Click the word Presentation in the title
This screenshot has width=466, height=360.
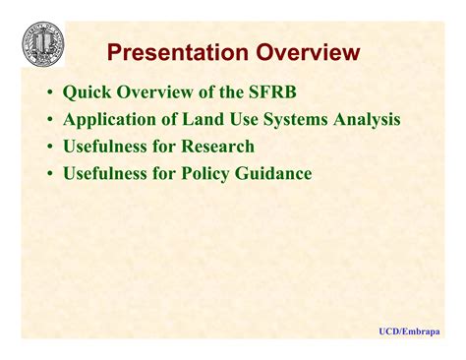click(170, 52)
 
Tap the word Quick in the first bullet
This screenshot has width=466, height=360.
click(86, 93)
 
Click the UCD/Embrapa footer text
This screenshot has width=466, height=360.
click(409, 332)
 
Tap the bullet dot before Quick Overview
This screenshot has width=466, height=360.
click(49, 94)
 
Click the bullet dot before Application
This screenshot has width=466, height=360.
click(49, 122)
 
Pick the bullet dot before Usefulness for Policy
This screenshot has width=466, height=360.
click(49, 175)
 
